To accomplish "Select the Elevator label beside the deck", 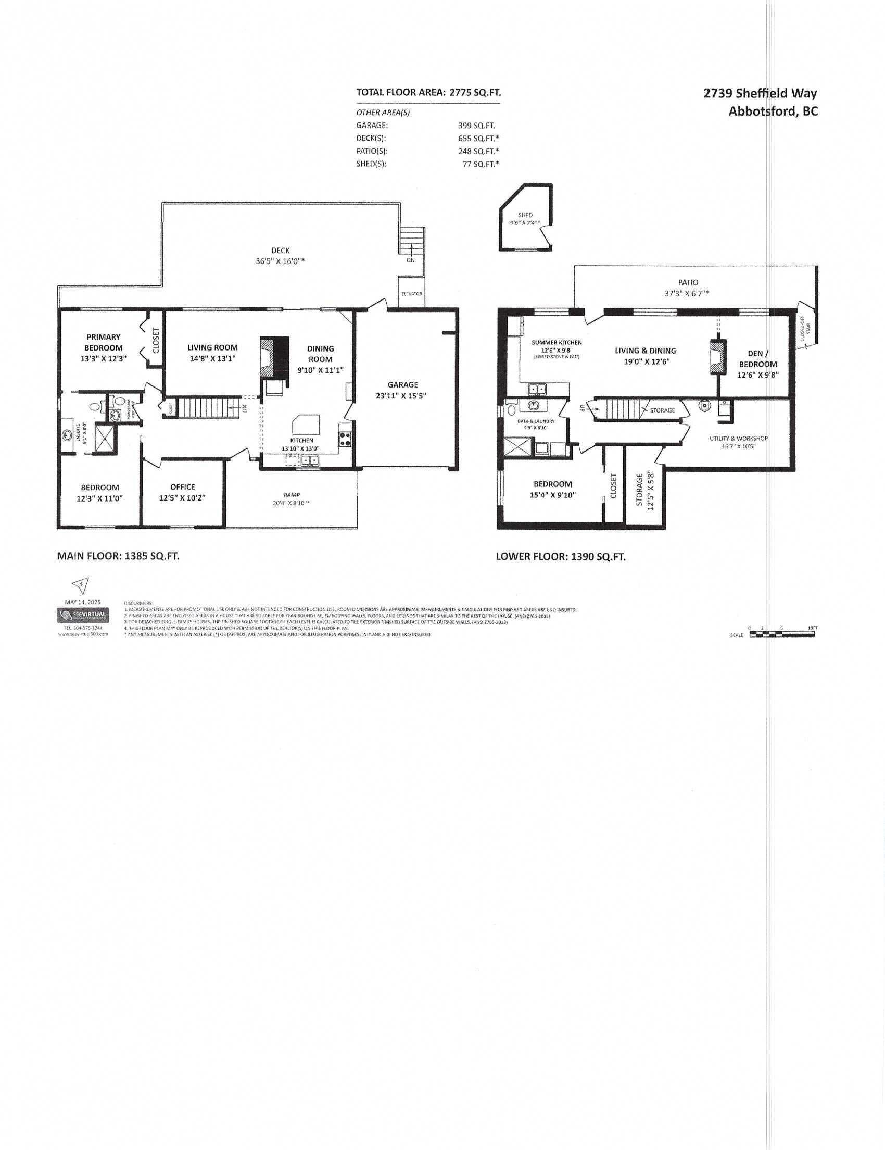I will (x=411, y=294).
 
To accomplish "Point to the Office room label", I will (x=183, y=486).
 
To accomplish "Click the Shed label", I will (x=525, y=215).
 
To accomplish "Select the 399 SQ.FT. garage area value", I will (x=476, y=126).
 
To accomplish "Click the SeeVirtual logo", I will (x=84, y=615).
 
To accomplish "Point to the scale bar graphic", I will (x=781, y=635).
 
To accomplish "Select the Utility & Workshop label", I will (x=739, y=438).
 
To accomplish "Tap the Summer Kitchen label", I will (x=556, y=342).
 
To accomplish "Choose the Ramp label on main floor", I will (x=292, y=495).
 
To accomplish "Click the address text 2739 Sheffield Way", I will (x=760, y=93).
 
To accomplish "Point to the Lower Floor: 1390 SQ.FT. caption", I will (x=560, y=557).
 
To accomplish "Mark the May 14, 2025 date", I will (x=83, y=602).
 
